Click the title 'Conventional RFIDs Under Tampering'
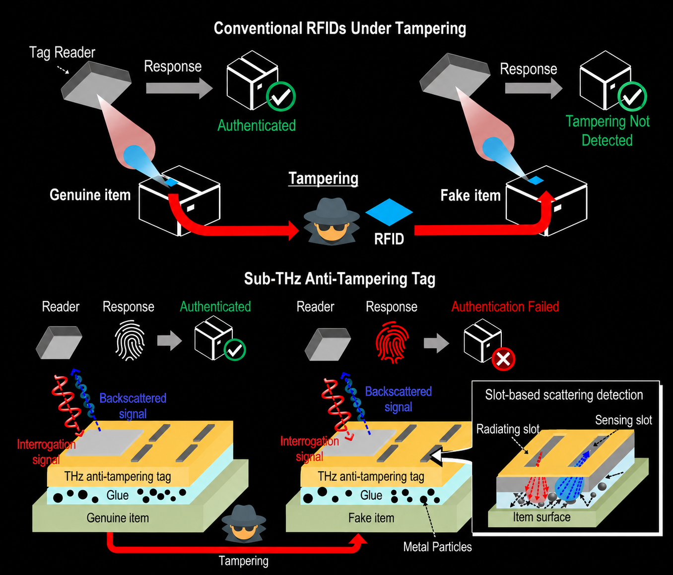click(339, 29)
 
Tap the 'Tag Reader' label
click(62, 53)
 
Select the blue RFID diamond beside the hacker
click(389, 212)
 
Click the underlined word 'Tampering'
click(323, 178)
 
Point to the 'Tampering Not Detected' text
click(607, 131)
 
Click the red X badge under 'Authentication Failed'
click(503, 360)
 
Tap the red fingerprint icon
click(392, 342)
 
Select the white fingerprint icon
click(130, 340)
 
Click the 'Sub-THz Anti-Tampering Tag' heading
click(339, 279)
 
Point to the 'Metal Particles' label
click(437, 547)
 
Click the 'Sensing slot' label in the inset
click(623, 420)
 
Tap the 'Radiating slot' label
click(508, 429)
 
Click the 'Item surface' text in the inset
click(542, 517)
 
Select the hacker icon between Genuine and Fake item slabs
click(244, 523)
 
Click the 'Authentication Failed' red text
click(505, 307)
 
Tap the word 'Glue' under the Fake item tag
click(371, 495)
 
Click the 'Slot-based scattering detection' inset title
click(564, 395)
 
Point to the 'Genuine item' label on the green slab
click(118, 518)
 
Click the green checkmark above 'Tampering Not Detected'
click(632, 97)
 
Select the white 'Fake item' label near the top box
click(471, 195)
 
